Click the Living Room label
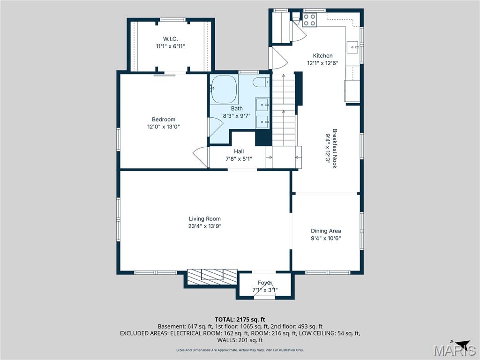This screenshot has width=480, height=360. click(x=204, y=218)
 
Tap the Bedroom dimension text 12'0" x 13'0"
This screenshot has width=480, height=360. click(x=163, y=127)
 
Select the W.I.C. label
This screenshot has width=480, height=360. click(x=170, y=39)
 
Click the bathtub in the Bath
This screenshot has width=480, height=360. click(x=224, y=89)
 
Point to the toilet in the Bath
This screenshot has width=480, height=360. click(x=261, y=83)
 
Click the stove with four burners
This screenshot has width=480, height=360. click(x=309, y=19)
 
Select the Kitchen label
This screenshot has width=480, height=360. click(x=322, y=56)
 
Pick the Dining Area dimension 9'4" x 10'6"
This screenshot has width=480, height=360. click(x=326, y=238)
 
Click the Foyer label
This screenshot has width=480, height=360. click(x=265, y=283)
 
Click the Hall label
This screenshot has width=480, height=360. click(x=239, y=151)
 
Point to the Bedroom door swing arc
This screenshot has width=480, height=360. click(x=201, y=156)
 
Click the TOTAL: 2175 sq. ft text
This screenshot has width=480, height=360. click(x=240, y=319)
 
